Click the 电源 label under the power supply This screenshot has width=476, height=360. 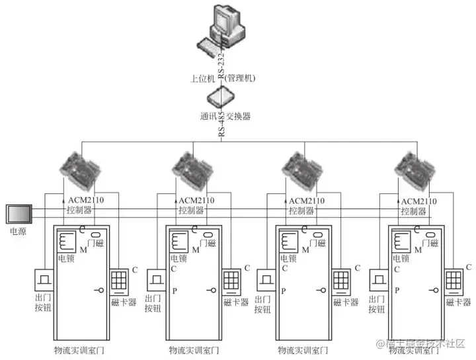[17, 232]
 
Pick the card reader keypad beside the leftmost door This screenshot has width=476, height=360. [119, 281]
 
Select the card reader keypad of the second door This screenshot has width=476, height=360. [231, 281]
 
